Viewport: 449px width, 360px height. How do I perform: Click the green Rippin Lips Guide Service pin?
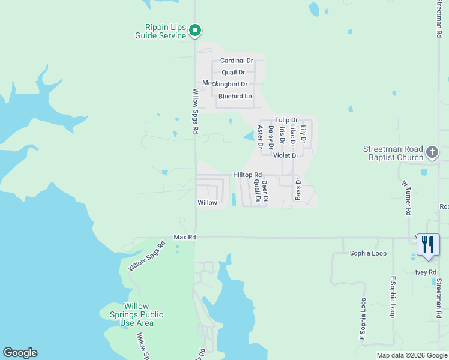[195, 30]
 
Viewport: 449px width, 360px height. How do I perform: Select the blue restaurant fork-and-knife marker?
[428, 245]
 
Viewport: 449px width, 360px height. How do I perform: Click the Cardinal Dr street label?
[237, 61]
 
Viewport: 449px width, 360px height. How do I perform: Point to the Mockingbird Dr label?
[225, 84]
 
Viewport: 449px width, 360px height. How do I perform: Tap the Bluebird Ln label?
[235, 96]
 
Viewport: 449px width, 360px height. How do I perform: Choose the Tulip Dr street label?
[286, 120]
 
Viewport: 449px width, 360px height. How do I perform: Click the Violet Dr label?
[286, 155]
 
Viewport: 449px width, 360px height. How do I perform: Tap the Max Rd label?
[185, 238]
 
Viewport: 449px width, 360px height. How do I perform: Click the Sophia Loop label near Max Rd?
[368, 253]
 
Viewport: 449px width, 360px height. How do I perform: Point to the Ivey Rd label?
[426, 272]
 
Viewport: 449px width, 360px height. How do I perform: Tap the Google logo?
[20, 353]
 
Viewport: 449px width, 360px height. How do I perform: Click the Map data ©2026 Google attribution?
[411, 355]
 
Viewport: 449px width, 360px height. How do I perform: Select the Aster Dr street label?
[261, 137]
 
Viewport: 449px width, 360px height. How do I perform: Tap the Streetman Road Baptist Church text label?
[393, 154]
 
